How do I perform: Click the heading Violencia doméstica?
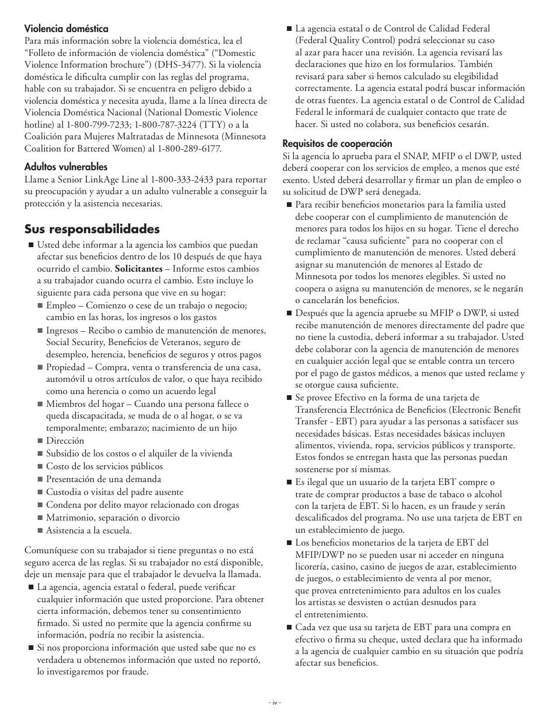[x=66, y=28]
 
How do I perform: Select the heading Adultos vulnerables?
[x=65, y=166]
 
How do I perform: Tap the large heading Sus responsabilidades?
[x=92, y=229]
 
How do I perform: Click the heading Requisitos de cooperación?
[x=337, y=143]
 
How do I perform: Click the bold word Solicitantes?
[x=139, y=269]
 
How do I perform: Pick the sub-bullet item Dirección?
[x=65, y=441]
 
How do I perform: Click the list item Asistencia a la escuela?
[x=89, y=530]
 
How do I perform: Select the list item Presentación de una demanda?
[x=104, y=479]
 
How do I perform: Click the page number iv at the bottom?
[x=276, y=702]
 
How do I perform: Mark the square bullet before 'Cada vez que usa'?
[x=288, y=628]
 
